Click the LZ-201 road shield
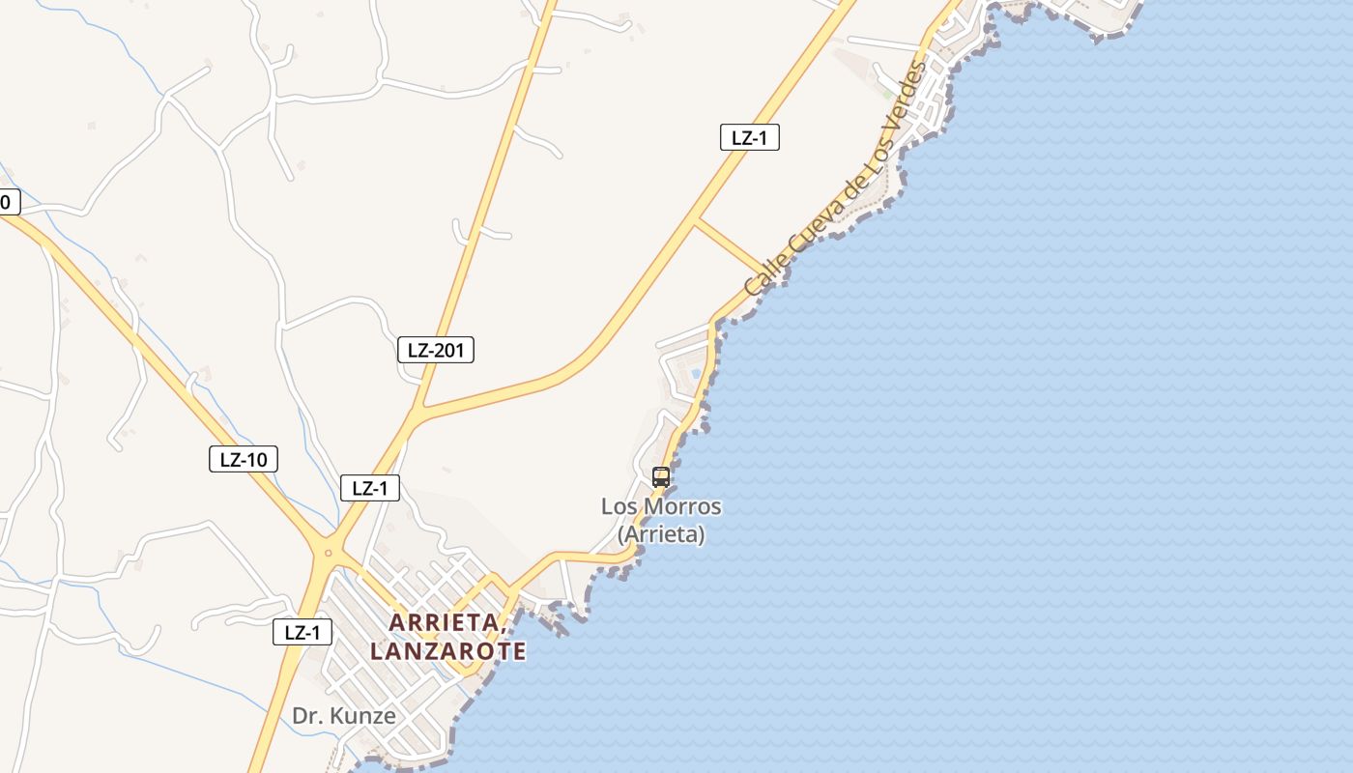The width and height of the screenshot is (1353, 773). (x=436, y=350)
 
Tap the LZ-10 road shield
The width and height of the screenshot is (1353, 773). (x=244, y=459)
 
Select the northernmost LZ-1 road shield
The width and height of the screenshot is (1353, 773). (x=749, y=137)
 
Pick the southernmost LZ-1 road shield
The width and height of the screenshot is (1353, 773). (x=302, y=633)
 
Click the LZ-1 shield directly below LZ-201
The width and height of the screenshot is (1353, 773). (x=370, y=488)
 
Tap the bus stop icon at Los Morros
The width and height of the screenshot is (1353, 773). (x=661, y=476)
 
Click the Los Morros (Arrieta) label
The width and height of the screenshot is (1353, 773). (x=661, y=520)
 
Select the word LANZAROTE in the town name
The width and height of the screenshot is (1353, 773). (x=448, y=651)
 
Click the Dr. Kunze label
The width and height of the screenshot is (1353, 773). (x=344, y=716)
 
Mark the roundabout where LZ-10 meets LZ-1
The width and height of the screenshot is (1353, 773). (x=329, y=553)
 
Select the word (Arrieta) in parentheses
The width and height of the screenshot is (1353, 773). (x=661, y=533)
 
